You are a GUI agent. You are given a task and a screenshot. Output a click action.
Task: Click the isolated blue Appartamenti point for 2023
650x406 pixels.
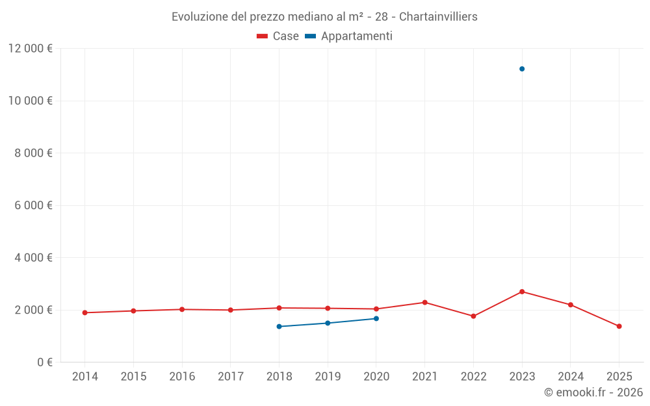[x=522, y=69]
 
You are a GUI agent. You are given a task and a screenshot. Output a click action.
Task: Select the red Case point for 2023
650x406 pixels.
[x=522, y=292]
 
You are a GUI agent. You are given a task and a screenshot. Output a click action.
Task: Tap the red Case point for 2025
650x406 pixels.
[x=619, y=326]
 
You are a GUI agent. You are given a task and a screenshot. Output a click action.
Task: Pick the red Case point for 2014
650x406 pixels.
[x=84, y=312]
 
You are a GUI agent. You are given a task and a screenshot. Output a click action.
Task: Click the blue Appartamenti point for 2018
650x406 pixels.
[x=279, y=326]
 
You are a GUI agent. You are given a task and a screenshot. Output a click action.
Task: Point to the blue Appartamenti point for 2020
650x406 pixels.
[x=376, y=318]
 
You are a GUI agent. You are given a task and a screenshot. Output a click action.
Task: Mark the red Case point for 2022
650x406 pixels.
[x=473, y=316]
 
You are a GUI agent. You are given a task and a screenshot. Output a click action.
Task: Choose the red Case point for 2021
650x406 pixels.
[x=425, y=302]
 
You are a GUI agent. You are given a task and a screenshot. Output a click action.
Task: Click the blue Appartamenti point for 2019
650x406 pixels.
[x=328, y=323]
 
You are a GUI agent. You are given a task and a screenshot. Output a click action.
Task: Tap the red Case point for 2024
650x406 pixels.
[x=571, y=305]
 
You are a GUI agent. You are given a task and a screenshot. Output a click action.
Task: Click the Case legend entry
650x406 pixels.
[x=278, y=36]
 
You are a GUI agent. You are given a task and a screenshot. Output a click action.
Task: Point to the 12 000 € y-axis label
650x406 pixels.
[x=31, y=49]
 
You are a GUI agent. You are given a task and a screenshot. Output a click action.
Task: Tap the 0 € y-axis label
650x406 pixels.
[x=45, y=362]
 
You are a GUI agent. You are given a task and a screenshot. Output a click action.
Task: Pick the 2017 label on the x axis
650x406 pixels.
[x=230, y=377]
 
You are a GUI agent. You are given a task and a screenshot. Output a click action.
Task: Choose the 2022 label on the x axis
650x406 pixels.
[x=473, y=377]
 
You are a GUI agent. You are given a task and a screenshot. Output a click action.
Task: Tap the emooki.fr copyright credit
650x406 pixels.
[x=593, y=392]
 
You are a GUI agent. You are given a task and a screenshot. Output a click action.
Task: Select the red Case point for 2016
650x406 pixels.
[x=182, y=309]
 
